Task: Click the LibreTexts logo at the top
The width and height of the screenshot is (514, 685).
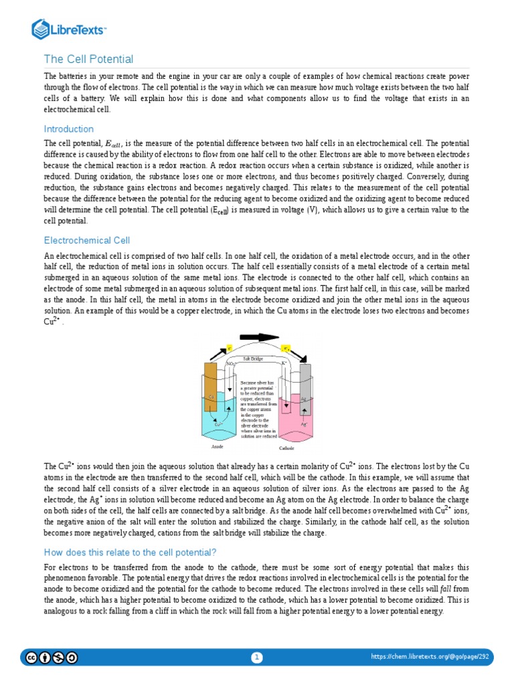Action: (70, 29)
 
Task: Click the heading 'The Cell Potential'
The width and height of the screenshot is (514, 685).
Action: (88, 60)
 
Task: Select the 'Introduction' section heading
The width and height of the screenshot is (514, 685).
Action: (68, 129)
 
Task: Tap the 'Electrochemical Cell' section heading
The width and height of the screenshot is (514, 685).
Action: (86, 240)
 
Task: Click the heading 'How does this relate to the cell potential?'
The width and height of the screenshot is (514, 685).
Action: (130, 552)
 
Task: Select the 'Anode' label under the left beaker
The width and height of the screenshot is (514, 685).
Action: (217, 446)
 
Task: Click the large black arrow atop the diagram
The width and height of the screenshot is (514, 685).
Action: (254, 338)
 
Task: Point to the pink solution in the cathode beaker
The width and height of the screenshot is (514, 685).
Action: (295, 418)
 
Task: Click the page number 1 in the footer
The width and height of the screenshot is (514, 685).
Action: (257, 658)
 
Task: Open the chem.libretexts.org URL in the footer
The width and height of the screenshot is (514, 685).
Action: (430, 658)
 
